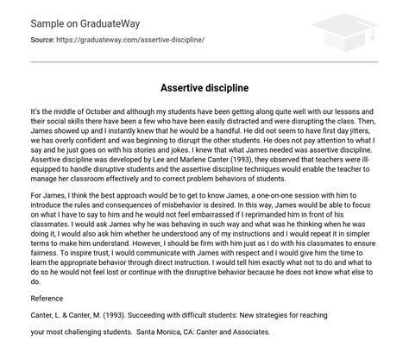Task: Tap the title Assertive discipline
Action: click(x=204, y=88)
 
